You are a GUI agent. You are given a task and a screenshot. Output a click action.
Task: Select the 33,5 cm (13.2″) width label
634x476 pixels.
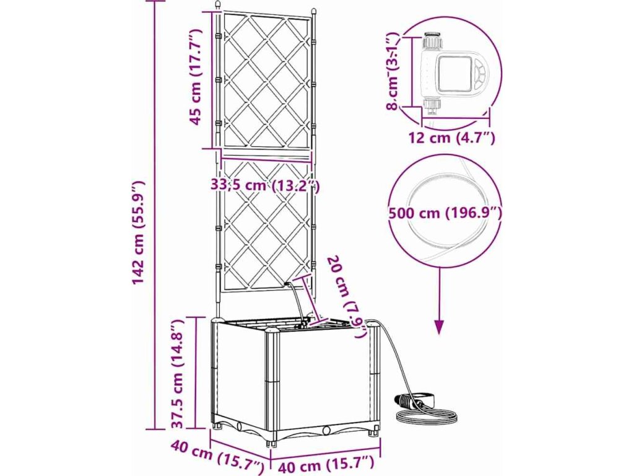264,185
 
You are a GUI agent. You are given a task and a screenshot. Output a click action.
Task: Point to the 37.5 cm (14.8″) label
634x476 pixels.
178,374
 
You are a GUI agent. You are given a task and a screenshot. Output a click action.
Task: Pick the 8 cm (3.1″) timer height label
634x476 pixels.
393,71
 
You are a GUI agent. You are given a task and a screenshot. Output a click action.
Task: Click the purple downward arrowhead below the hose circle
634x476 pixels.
440,326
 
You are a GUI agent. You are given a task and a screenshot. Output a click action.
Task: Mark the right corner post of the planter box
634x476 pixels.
375,378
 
